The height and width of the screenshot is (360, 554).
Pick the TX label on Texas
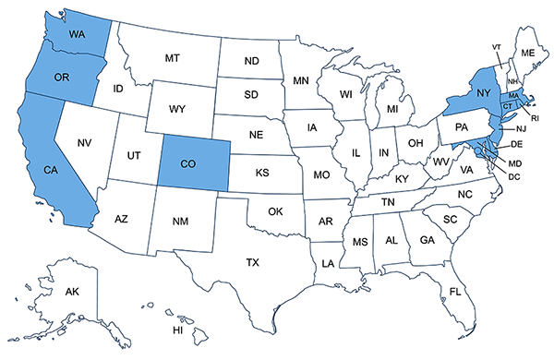click(252, 262)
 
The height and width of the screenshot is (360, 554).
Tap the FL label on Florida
click(455, 292)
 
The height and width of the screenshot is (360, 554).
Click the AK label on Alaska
click(72, 292)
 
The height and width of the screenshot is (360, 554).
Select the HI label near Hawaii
click(179, 330)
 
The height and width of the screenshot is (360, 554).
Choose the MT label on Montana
click(172, 57)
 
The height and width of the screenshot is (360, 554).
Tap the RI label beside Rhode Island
click(535, 118)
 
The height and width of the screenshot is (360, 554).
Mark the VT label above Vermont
click(496, 46)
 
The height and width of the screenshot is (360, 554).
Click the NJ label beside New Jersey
click(520, 128)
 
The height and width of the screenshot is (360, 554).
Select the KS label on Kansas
click(262, 173)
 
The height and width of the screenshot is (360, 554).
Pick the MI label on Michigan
click(391, 110)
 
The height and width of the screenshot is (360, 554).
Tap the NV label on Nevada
click(84, 142)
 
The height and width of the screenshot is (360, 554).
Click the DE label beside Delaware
click(517, 145)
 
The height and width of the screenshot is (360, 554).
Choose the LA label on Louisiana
click(328, 263)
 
